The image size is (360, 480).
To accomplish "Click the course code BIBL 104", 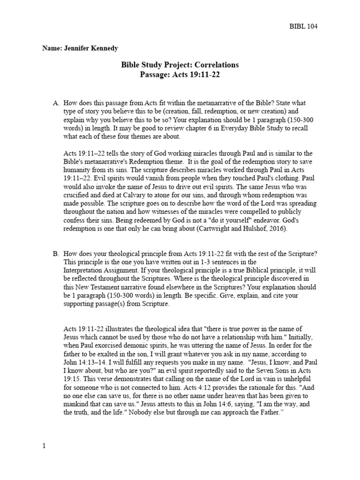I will click(303, 26).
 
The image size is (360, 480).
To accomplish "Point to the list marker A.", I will click(56, 103).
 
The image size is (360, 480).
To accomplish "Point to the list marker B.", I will click(56, 254).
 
